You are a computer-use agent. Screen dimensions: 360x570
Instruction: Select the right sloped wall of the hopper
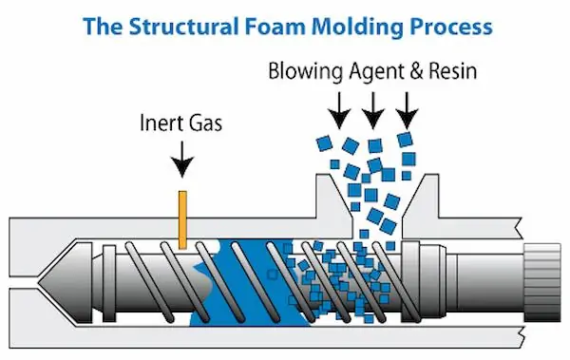tap(421, 199)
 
